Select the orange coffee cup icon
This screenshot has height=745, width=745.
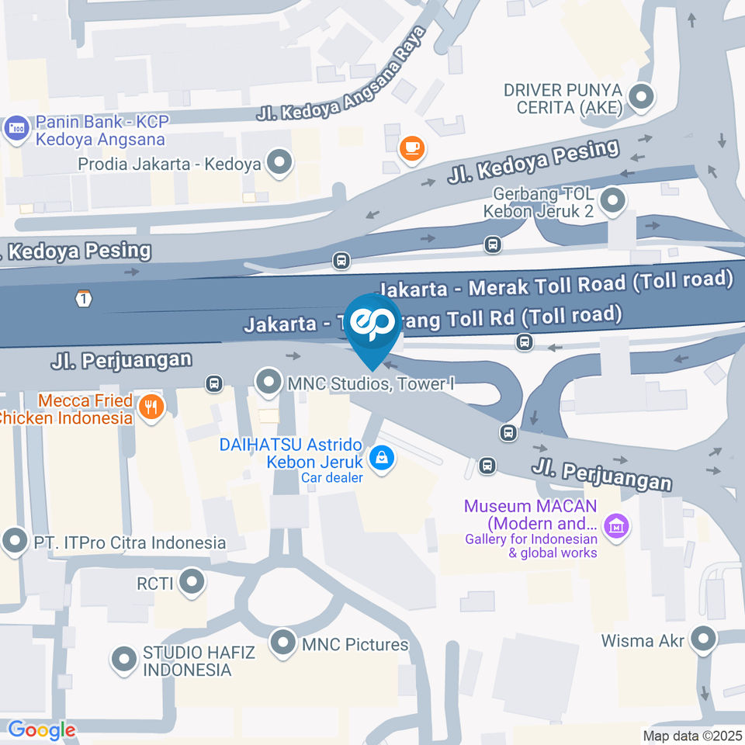(x=411, y=148)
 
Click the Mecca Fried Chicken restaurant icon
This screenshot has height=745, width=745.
(x=151, y=406)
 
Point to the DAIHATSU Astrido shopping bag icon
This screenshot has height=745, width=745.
(x=382, y=458)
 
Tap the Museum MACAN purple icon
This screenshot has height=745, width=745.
(x=618, y=525)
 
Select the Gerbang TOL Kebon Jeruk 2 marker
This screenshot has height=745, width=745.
(x=613, y=201)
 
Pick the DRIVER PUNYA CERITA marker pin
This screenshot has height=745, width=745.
(x=642, y=98)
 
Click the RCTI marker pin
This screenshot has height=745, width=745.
(x=191, y=582)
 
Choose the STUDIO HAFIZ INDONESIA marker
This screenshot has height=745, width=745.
(x=123, y=660)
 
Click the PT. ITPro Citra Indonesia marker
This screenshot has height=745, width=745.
(x=15, y=542)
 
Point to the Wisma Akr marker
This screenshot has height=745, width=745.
(x=703, y=641)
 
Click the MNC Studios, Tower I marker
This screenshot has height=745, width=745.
(x=269, y=382)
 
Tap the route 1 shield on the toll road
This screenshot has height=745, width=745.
(x=84, y=298)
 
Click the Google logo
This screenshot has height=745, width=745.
(x=41, y=729)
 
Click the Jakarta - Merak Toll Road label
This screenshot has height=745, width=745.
(x=559, y=284)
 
